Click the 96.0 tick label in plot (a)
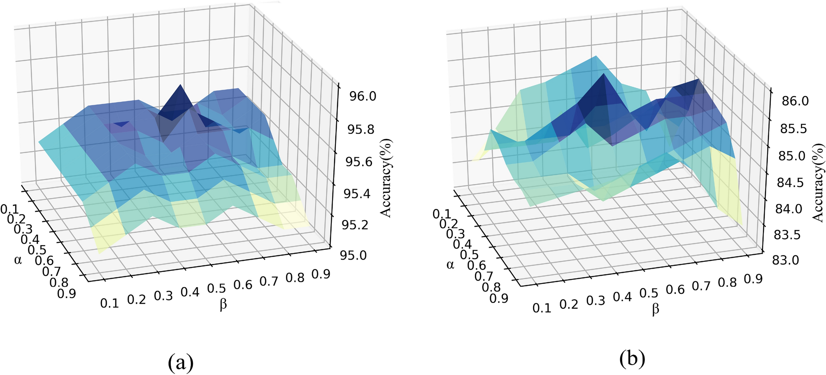click(x=362, y=96)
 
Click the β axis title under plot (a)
click(x=223, y=305)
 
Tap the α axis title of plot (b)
click(x=450, y=264)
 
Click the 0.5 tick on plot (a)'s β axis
click(x=216, y=288)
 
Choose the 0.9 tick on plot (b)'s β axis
click(x=753, y=279)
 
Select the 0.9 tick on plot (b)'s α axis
click(x=499, y=298)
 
